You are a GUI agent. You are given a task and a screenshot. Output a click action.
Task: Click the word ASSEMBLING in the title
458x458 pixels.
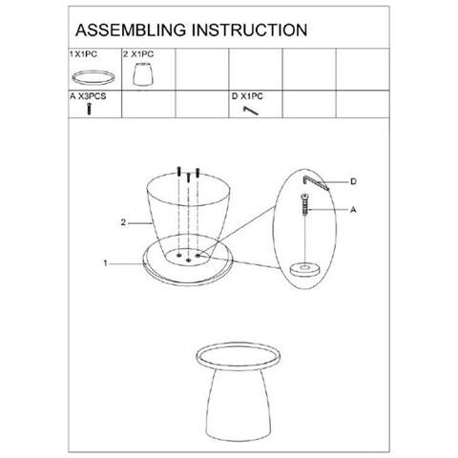(x=131, y=31)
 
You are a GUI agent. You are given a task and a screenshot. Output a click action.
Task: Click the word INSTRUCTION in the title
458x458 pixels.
(x=249, y=31)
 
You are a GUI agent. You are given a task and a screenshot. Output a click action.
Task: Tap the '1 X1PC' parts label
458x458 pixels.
(x=83, y=54)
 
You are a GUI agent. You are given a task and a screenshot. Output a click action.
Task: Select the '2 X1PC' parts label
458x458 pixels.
(x=138, y=54)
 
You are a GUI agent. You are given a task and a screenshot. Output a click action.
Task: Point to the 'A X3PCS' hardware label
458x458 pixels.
(x=88, y=96)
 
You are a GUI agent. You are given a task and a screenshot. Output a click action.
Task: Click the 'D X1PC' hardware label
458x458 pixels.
(x=247, y=96)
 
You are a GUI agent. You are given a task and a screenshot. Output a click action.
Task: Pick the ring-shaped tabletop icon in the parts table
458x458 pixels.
(x=94, y=77)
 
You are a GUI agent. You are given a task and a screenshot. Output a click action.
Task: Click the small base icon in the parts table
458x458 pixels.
(x=143, y=74)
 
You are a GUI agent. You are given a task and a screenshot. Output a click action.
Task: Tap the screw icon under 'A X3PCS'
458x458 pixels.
(x=90, y=109)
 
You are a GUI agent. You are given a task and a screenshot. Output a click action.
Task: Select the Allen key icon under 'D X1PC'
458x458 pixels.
(x=251, y=111)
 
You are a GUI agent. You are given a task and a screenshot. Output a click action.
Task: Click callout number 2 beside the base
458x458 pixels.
(x=123, y=222)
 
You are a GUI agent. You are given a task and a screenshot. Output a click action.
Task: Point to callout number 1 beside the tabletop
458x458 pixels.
(x=105, y=263)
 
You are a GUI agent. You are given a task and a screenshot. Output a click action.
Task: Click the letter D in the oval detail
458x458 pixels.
(x=353, y=181)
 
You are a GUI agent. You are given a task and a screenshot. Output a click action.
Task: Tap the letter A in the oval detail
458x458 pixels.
(x=353, y=210)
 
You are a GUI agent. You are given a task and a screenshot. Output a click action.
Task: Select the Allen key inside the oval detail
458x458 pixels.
(x=316, y=182)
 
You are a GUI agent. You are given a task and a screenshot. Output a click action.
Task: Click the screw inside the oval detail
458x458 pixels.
(x=305, y=205)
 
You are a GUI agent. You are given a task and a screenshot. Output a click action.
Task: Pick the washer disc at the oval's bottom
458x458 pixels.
(x=305, y=269)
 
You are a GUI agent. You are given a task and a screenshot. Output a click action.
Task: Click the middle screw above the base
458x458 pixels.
(x=189, y=177)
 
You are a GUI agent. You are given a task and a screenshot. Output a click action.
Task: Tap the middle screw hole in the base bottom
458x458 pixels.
(x=189, y=260)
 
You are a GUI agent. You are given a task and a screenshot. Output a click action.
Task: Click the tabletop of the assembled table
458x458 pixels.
(x=239, y=356)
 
